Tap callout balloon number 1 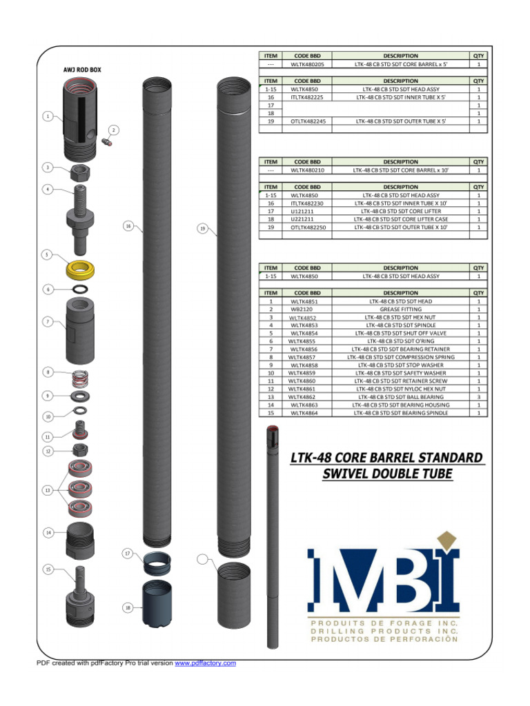tap(47, 117)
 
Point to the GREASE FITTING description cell tap(400, 310)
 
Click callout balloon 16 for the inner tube tap(128, 225)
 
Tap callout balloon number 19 tap(202, 228)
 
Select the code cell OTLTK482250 tap(308, 227)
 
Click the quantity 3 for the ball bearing tap(478, 397)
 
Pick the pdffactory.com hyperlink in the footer tap(206, 663)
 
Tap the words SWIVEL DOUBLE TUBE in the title tap(387, 474)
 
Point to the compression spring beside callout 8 tap(81, 378)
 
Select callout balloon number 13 tap(47, 490)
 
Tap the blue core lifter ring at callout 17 tap(158, 563)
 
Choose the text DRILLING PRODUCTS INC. tap(385, 631)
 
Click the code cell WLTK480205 tap(307, 64)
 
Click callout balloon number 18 tap(128, 607)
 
